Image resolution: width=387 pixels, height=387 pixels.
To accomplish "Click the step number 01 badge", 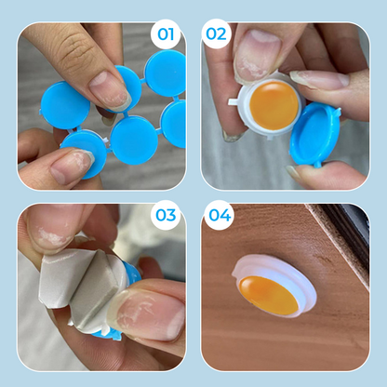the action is point(166,34).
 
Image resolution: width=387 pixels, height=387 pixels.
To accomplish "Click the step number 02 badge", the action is point(216,34).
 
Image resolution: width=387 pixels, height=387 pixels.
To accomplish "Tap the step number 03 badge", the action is point(166,215).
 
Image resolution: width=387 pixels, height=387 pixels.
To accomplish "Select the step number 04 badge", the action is point(220,215).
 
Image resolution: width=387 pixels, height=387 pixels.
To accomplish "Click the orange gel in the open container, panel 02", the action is point(274,105).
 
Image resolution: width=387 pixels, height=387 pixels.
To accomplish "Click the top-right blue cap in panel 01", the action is point(165,73).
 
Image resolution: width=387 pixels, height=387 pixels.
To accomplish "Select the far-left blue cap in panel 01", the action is point(65,105).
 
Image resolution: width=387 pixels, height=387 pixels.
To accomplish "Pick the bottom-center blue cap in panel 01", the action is point(134,140).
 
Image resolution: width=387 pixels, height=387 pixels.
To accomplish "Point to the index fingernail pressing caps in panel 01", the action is point(110,90).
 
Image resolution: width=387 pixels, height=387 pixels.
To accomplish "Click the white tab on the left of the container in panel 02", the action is point(234,101).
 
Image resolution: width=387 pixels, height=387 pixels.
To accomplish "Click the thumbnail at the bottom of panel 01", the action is point(72,164).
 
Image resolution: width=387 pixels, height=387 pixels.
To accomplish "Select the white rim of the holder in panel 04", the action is point(274,287).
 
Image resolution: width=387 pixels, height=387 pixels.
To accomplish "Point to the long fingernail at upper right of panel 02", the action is point(320,79).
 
